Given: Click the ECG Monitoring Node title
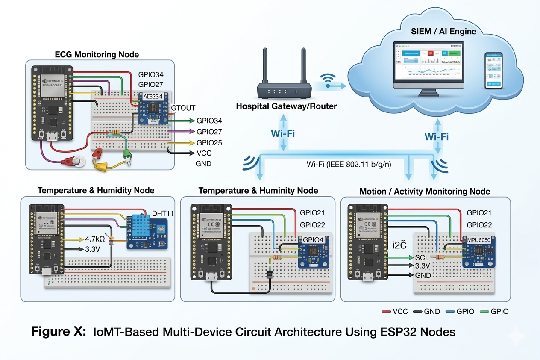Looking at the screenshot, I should click(97, 54).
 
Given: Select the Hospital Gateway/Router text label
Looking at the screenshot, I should click(286, 106).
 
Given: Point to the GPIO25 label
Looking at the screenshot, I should click(209, 142).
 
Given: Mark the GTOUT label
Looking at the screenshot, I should click(183, 108).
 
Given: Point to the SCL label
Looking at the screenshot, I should click(422, 257).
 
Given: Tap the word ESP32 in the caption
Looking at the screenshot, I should click(395, 332).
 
